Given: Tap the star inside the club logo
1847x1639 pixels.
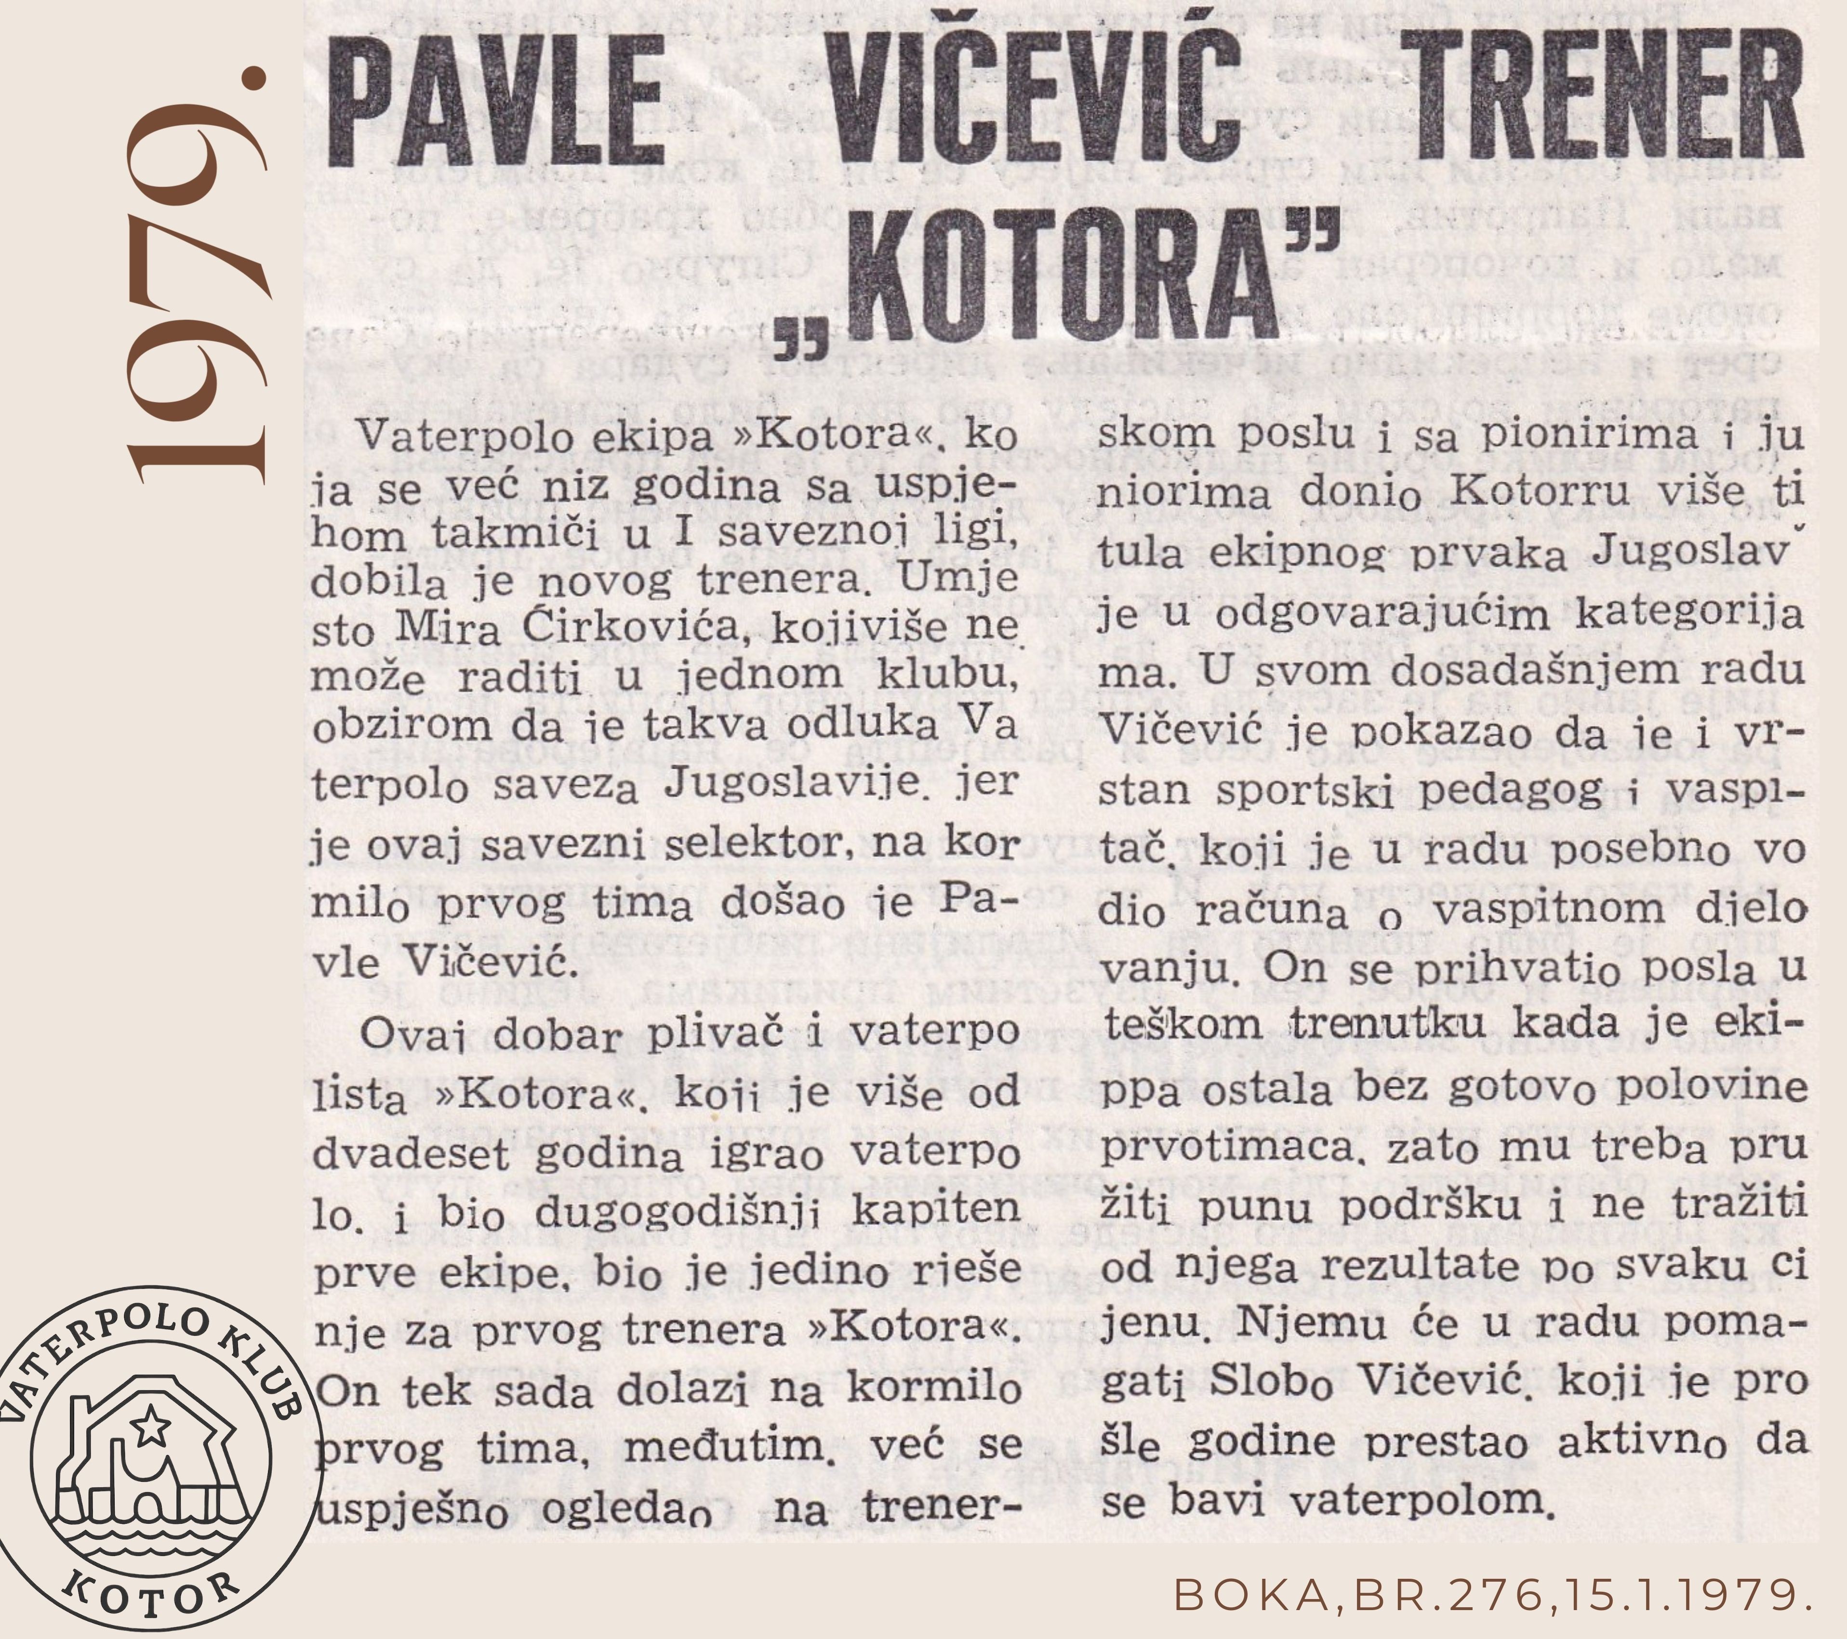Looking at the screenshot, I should [150, 1425].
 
